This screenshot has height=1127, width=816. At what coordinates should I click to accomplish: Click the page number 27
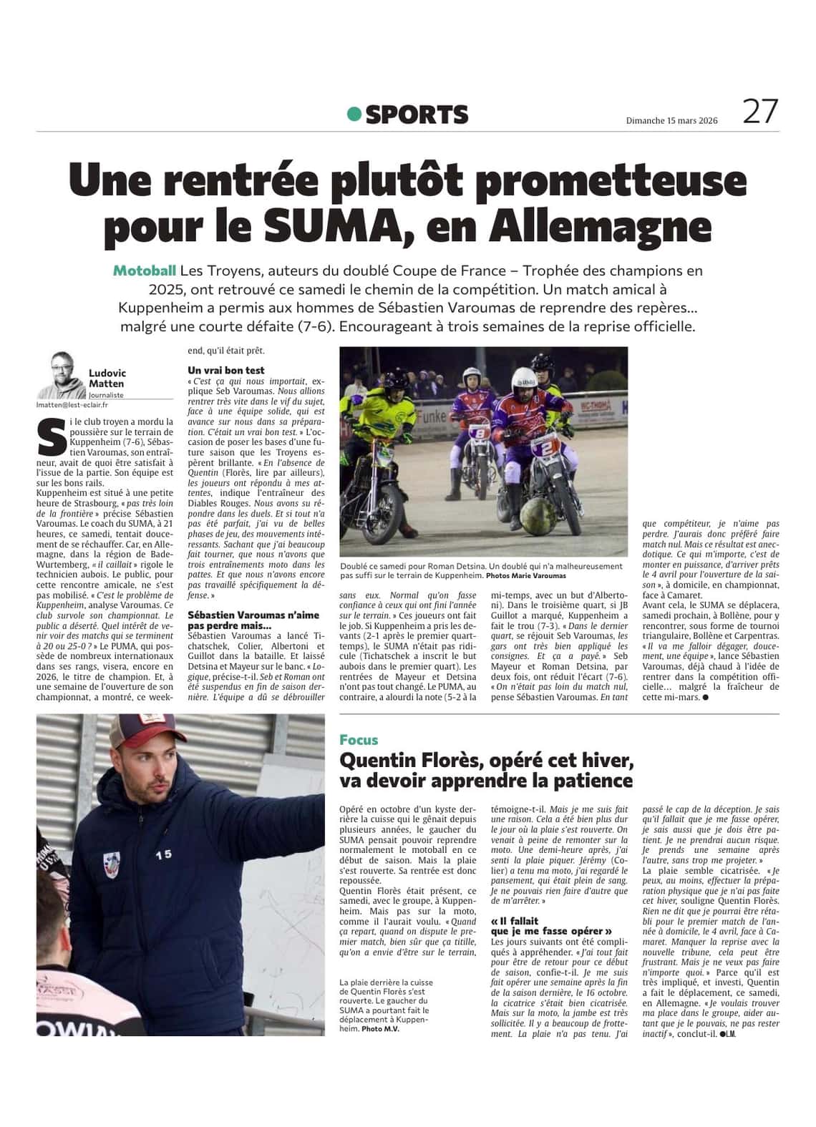point(759,112)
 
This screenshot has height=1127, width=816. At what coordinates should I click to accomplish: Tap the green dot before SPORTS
point(354,114)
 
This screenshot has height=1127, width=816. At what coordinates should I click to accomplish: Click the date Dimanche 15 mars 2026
point(671,121)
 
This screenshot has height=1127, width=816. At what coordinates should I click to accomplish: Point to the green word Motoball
point(145,270)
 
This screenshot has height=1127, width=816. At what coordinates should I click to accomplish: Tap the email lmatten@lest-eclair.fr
point(67,405)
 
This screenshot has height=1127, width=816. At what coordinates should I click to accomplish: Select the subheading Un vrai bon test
point(226,370)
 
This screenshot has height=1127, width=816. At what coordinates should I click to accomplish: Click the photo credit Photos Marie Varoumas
point(525,575)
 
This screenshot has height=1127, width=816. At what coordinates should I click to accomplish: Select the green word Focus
point(359,740)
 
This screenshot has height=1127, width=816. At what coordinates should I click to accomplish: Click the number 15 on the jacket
point(163,854)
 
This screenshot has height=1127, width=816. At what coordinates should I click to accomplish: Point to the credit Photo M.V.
point(380,1029)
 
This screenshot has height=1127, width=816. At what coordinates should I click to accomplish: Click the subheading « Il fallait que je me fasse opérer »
point(551,926)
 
